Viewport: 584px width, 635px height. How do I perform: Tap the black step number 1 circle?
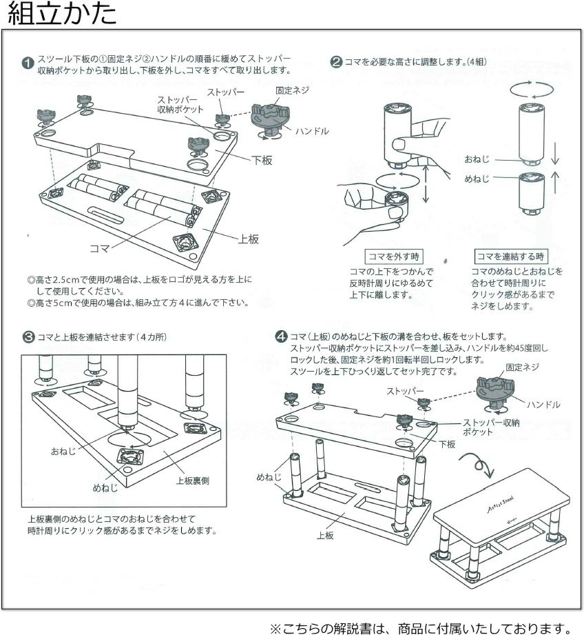tap(28, 63)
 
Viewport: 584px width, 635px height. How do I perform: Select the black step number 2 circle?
tap(336, 62)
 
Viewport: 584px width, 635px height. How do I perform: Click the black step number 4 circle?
tap(281, 337)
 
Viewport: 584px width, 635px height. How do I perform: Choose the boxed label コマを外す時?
tap(391, 256)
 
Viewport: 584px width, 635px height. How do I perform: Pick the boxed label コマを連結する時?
tap(510, 256)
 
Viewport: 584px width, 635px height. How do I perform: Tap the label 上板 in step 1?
tap(248, 239)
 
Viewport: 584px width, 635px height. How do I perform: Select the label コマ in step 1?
tap(99, 246)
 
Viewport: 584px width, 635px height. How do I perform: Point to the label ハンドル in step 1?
tap(312, 131)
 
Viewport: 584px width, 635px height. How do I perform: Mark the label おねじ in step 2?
tap(476, 159)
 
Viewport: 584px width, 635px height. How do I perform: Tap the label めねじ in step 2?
tap(476, 179)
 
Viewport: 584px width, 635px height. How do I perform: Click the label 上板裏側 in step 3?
tap(192, 481)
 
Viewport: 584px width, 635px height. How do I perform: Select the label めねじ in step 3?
tap(105, 487)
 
